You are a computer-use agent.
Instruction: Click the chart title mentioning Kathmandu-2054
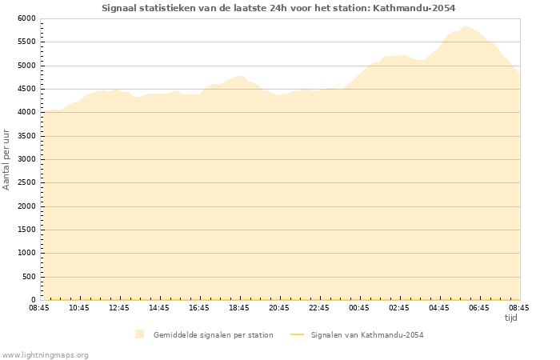[x=278, y=8]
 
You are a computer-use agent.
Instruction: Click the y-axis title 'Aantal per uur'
[x=6, y=159]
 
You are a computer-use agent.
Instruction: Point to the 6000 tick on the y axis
[x=26, y=18]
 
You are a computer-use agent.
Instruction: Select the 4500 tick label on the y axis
[x=26, y=89]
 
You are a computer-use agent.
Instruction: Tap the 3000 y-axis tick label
[x=26, y=159]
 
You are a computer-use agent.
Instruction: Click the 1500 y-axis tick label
[x=26, y=230]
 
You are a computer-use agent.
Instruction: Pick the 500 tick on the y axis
[x=29, y=277]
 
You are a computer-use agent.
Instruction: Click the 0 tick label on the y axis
[x=33, y=300]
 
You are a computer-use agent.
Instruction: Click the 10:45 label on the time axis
[x=79, y=308]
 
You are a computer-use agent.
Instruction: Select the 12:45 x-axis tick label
[x=119, y=308]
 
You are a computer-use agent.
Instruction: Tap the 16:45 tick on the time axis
[x=199, y=308]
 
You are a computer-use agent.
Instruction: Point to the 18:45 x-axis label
[x=239, y=308]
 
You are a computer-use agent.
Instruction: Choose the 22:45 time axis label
[x=319, y=308]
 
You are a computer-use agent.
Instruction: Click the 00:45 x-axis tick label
[x=359, y=308]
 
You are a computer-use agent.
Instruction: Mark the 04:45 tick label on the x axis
[x=439, y=308]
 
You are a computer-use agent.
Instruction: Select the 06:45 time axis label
[x=479, y=308]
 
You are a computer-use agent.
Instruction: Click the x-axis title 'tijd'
[x=510, y=318]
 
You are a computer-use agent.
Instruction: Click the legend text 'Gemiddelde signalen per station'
[x=213, y=334]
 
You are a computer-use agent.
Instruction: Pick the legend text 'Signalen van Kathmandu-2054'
[x=366, y=334]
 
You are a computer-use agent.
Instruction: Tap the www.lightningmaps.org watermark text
[x=46, y=354]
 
